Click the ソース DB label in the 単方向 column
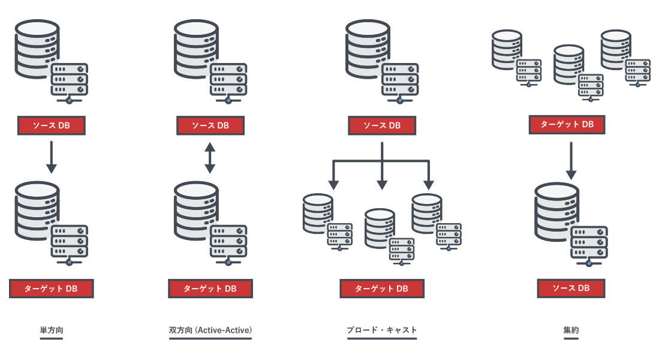(52, 125)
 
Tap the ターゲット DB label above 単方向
(52, 289)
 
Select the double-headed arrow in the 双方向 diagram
(210, 158)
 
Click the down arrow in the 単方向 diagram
(52, 157)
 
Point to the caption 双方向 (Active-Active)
(210, 330)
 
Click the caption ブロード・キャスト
(382, 330)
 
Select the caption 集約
(571, 330)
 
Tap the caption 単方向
(52, 330)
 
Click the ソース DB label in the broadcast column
(382, 125)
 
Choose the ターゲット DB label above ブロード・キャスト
(382, 289)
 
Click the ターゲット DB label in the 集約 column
(567, 125)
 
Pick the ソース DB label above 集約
(571, 288)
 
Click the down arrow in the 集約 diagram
(571, 160)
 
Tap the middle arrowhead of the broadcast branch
(382, 184)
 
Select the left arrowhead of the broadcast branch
(334, 184)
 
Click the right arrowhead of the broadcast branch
(428, 184)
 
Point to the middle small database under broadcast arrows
(380, 228)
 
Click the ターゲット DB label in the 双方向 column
(210, 289)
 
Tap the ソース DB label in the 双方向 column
(210, 125)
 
